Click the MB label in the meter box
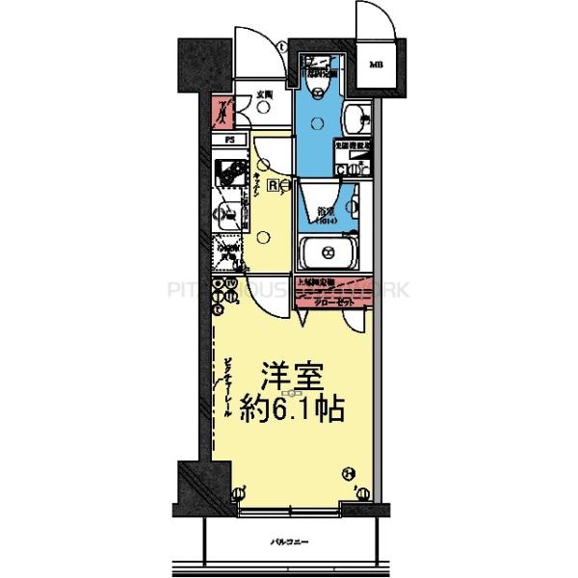pyautogui.click(x=376, y=66)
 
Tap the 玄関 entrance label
pyautogui.click(x=265, y=94)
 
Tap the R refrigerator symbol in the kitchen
pyautogui.click(x=274, y=185)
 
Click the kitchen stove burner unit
pyautogui.click(x=230, y=175)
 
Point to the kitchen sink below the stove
pyautogui.click(x=229, y=214)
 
